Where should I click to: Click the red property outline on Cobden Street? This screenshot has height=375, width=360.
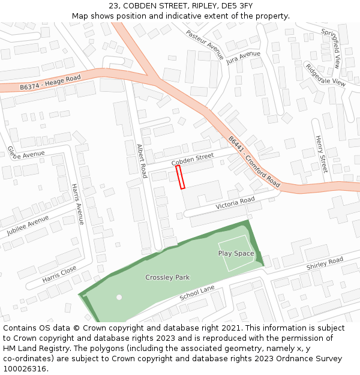180,177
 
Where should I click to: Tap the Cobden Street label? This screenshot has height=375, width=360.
193,160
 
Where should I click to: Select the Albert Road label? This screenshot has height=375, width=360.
142,161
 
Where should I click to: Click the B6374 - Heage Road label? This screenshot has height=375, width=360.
50,83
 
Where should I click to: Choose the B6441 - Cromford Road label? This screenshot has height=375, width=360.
254,161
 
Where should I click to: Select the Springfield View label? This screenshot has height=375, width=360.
331,47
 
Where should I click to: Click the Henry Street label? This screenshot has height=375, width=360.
321,154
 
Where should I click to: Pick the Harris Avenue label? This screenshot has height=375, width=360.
78,204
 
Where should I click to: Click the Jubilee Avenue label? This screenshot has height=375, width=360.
28,225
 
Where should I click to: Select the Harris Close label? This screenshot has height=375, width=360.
59,274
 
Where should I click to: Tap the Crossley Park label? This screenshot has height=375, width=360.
167,277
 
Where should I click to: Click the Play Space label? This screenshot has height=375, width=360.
236,253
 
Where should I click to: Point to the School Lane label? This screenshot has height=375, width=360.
197,293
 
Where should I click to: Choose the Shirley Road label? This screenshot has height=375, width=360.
325,263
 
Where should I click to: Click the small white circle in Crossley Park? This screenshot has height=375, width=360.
119,297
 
